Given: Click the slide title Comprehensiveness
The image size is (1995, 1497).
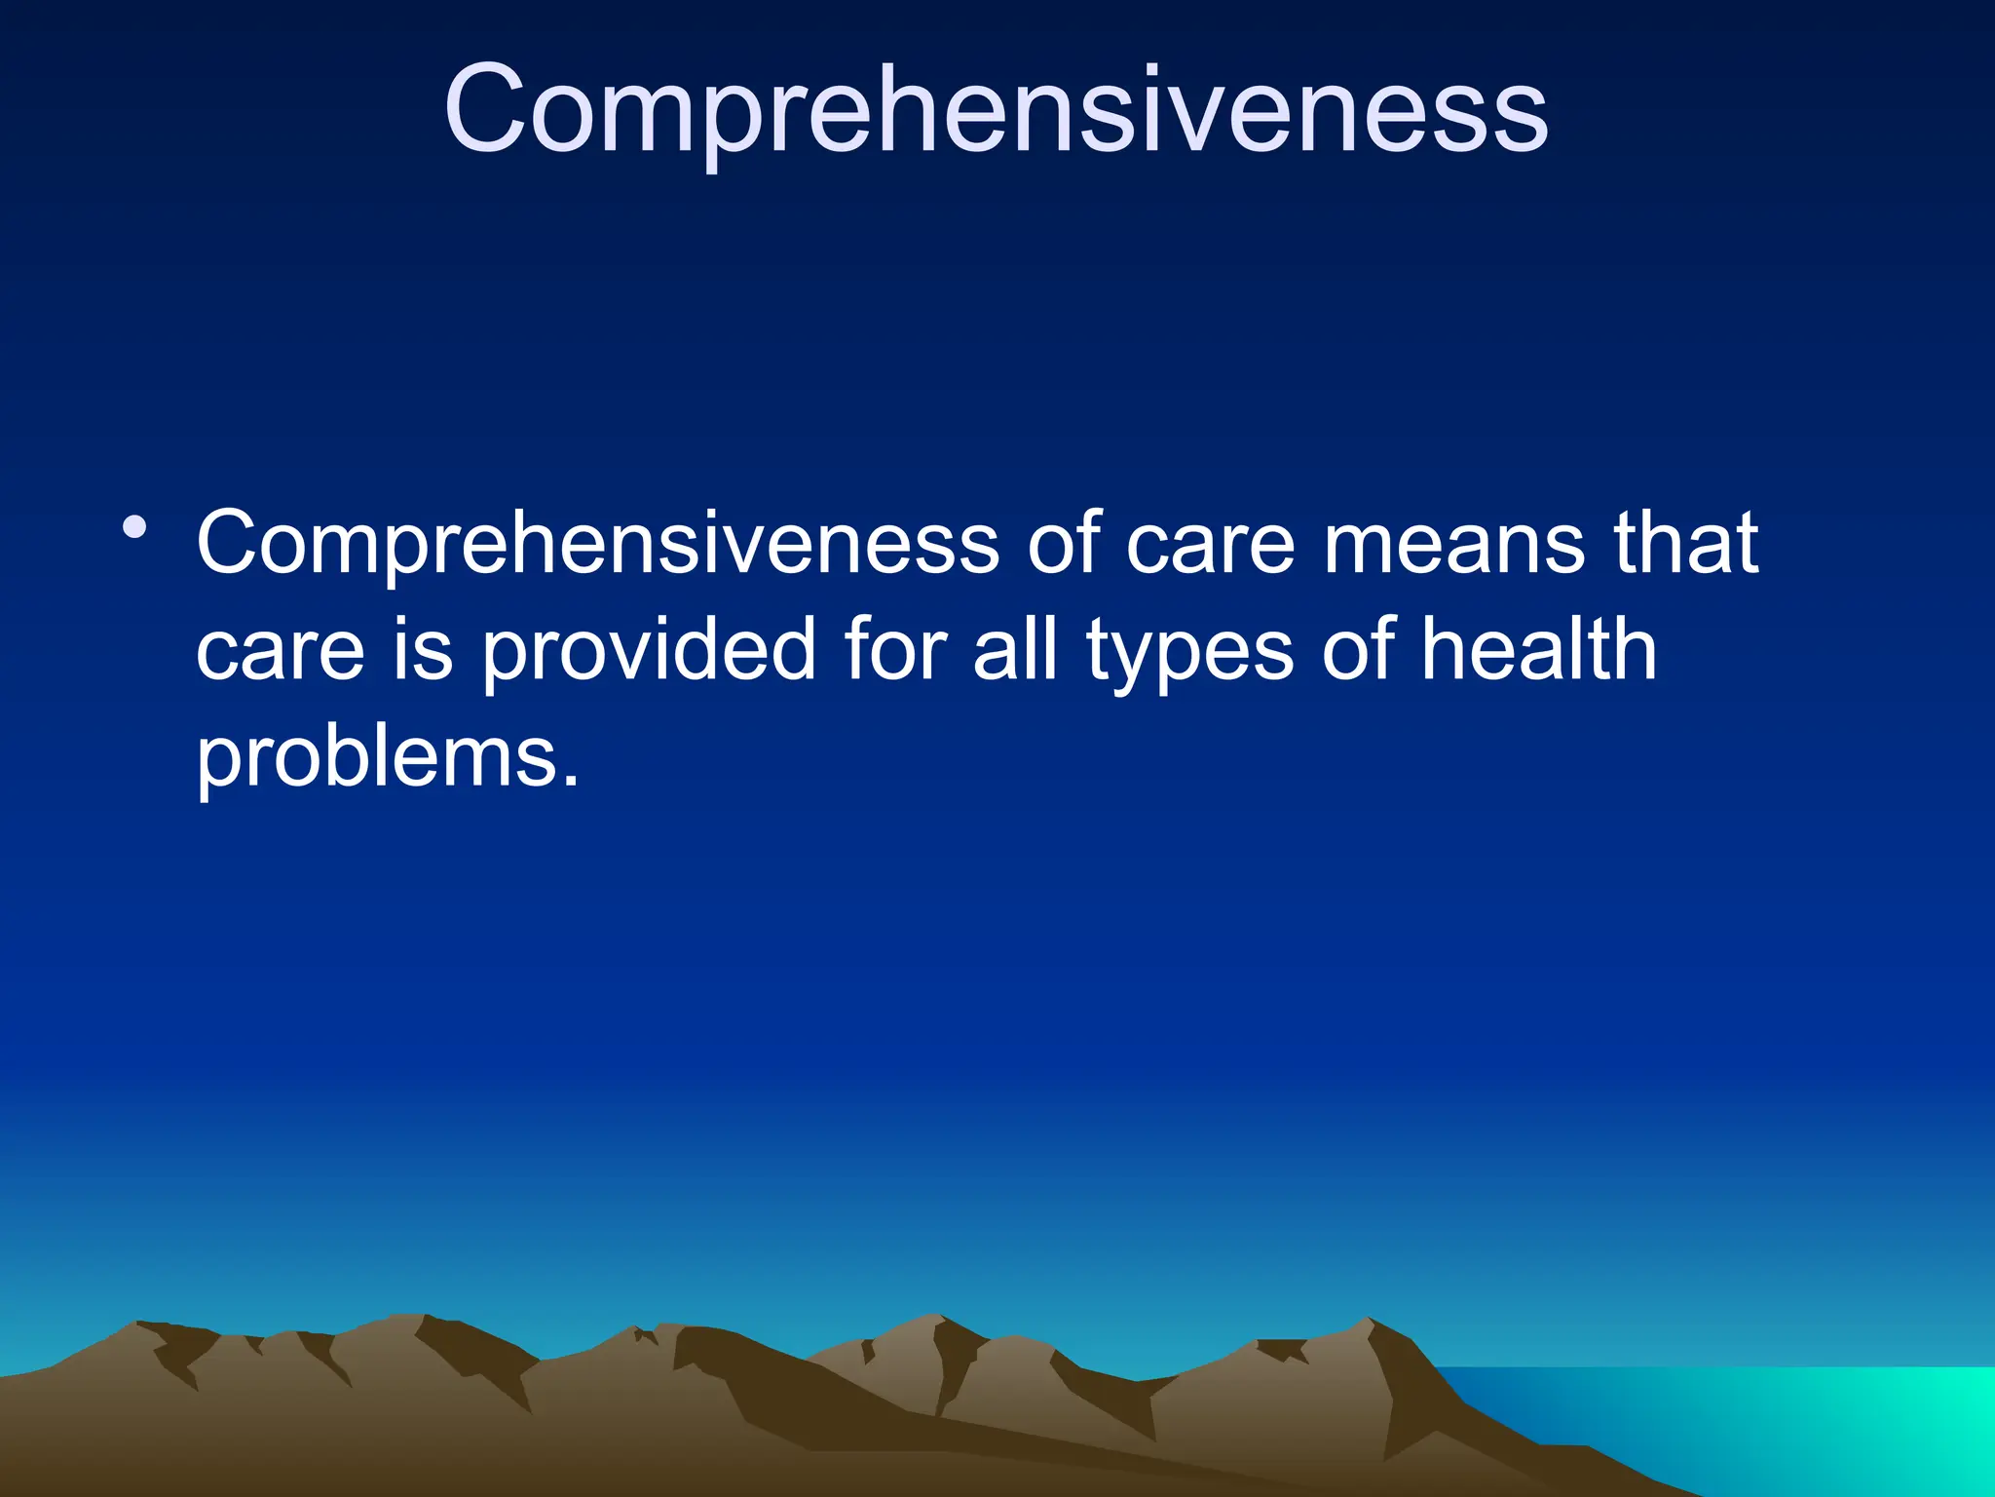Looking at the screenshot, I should click(x=996, y=109).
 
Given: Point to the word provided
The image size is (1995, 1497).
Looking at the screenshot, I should click(x=648, y=651).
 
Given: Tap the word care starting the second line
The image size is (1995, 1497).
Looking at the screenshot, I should click(x=281, y=651).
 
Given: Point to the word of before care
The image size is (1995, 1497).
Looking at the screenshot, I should click(x=1063, y=544).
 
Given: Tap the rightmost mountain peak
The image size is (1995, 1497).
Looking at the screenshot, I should click(x=1368, y=1322).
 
